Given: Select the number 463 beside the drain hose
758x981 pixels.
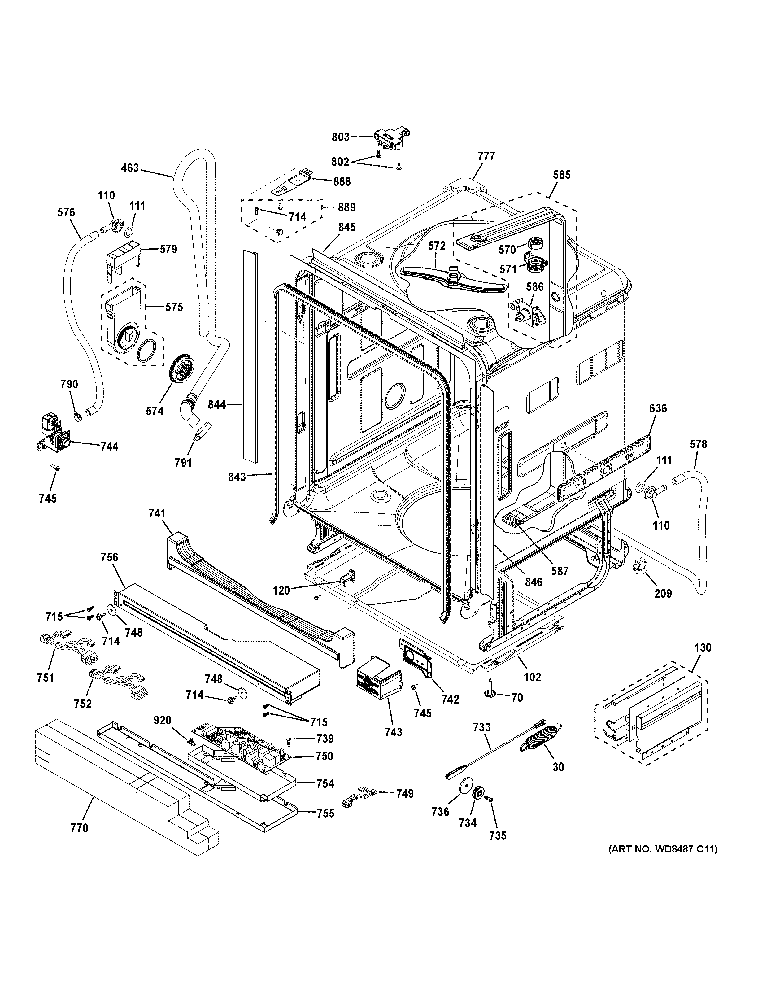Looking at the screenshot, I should [x=130, y=169].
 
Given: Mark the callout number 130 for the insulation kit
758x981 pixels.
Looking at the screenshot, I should [x=703, y=648].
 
